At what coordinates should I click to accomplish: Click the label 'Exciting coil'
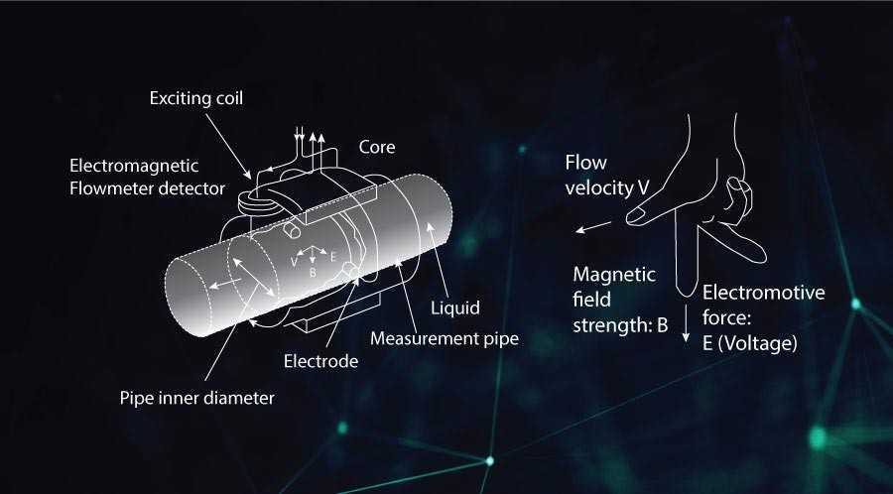[195, 98]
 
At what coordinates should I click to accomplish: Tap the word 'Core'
[376, 148]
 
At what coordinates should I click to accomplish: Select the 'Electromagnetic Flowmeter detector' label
[147, 177]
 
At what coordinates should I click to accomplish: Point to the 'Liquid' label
[455, 309]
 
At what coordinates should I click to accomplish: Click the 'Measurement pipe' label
[445, 338]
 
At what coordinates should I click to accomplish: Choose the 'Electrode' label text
[320, 361]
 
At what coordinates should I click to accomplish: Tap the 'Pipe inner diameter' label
[197, 398]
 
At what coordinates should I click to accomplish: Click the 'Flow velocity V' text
[607, 176]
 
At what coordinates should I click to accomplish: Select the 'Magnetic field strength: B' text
[619, 300]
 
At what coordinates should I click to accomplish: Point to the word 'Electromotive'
[763, 293]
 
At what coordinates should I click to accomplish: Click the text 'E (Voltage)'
[749, 344]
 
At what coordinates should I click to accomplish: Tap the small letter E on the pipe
[333, 257]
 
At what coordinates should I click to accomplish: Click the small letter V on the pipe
[294, 262]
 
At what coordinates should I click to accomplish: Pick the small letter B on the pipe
[313, 273]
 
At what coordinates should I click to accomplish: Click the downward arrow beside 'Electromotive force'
[687, 322]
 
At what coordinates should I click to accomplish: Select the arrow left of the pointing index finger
[593, 227]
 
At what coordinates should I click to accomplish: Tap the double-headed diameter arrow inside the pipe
[253, 278]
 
